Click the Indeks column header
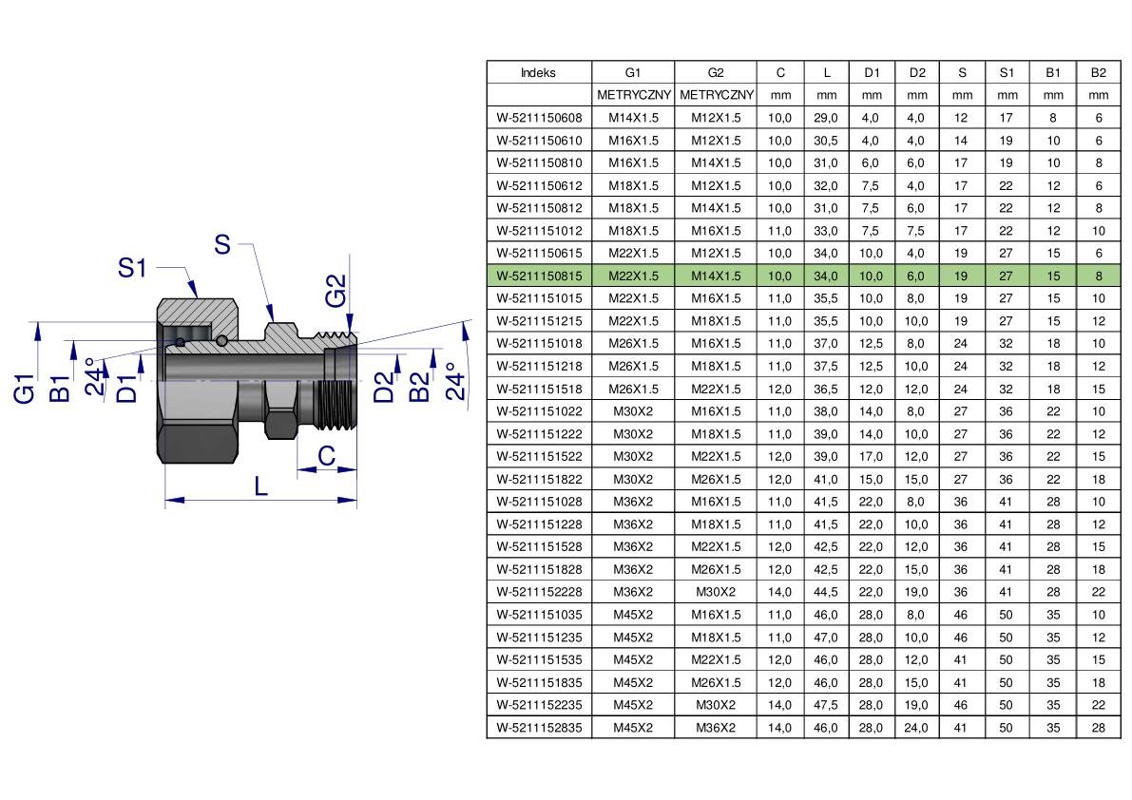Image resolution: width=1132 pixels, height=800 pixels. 539,73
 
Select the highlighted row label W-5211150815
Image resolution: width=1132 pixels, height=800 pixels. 539,276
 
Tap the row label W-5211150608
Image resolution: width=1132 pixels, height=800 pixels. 539,118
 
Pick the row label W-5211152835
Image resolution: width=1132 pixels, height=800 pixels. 539,728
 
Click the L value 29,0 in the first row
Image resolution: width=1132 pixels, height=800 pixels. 826,118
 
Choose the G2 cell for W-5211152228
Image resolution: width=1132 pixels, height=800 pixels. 716,592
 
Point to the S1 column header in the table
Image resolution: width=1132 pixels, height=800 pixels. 1007,73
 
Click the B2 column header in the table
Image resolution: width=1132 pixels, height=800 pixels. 1099,73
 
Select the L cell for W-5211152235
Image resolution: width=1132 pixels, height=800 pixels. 826,705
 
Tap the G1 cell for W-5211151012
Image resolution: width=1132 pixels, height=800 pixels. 633,231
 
